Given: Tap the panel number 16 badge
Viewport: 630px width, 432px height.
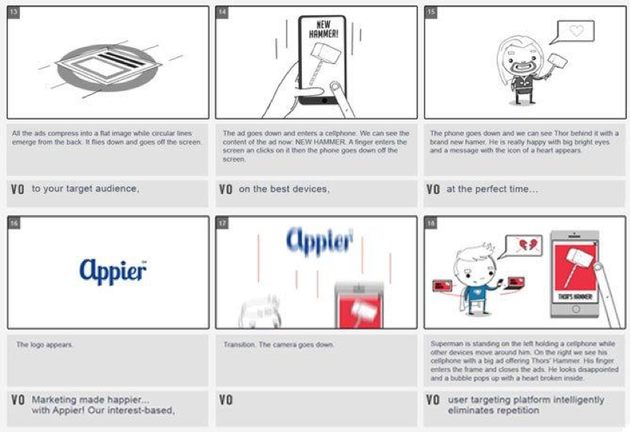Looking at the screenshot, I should pyautogui.click(x=15, y=224).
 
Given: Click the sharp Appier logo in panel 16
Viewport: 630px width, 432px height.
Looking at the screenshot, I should pyautogui.click(x=112, y=270).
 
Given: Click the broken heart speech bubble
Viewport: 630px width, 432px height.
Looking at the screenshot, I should pyautogui.click(x=523, y=246).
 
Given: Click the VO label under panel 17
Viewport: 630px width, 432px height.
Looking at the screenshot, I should pyautogui.click(x=226, y=400).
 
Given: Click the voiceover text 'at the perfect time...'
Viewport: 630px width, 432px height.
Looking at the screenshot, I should pyautogui.click(x=491, y=189).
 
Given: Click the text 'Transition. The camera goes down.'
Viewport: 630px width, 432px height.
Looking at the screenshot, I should pyautogui.click(x=278, y=345).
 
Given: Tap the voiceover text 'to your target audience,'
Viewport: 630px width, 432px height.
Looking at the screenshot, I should pyautogui.click(x=85, y=189).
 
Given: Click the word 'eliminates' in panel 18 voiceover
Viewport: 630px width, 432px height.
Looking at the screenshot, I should pyautogui.click(x=472, y=411).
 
